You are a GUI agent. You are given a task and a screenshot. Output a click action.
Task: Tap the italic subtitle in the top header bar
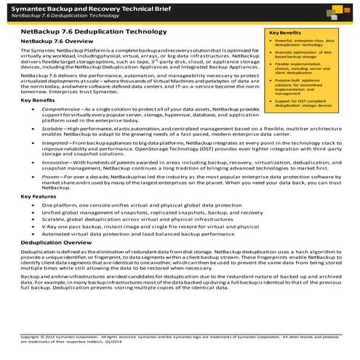pyautogui.click(x=55, y=15)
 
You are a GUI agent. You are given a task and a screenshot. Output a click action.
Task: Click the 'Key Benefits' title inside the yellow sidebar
pyautogui.click(x=284, y=33)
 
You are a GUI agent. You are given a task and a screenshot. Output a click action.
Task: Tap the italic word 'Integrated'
pyautogui.click(x=58, y=145)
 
